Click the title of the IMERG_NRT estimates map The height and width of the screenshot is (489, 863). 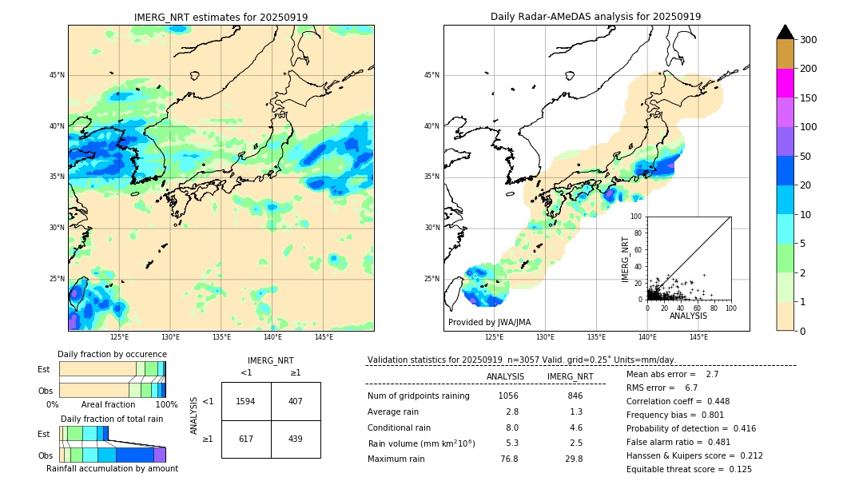point(221,17)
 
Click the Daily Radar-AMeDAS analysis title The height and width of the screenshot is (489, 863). point(596,17)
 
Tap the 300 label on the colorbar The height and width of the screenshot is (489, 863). point(808,40)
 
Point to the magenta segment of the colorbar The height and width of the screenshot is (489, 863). point(785,83)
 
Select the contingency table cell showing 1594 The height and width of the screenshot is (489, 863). point(246,401)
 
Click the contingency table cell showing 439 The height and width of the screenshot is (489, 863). point(296,439)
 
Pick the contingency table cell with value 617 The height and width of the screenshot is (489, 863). point(246,439)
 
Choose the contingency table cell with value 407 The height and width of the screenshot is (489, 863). point(296,401)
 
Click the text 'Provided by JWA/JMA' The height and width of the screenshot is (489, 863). point(489,322)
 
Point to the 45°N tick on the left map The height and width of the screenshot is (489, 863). point(56,75)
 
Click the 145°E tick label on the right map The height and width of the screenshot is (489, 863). point(698,337)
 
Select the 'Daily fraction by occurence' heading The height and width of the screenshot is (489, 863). point(112,354)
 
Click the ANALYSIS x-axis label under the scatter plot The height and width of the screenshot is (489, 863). point(688,316)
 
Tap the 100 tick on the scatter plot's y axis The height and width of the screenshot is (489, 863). point(637,217)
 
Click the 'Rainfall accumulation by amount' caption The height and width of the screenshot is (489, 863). point(112,468)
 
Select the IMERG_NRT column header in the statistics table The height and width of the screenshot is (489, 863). point(570,376)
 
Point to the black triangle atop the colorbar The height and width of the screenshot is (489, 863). point(785,32)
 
